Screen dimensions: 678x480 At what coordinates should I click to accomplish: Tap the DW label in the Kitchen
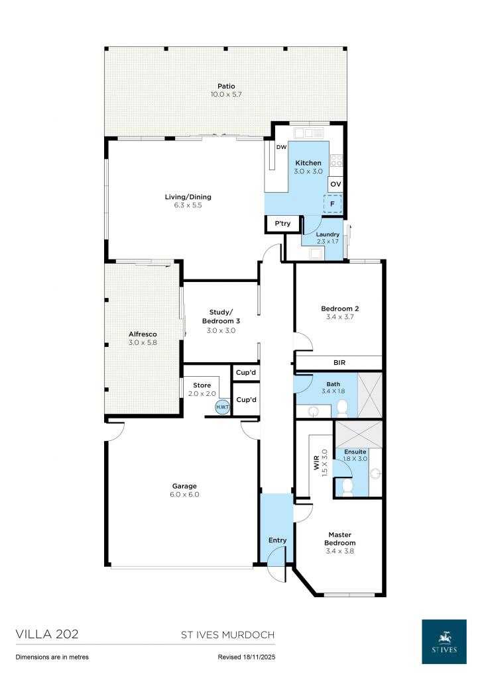[x=281, y=147]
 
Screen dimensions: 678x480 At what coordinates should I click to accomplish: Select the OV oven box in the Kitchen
[x=335, y=184]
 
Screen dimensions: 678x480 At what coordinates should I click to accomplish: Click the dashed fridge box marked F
[x=333, y=204]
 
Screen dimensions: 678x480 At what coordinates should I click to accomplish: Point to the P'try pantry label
[x=282, y=224]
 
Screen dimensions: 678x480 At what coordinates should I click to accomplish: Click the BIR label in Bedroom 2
[x=339, y=362]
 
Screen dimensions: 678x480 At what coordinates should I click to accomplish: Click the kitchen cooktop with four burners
[x=336, y=160]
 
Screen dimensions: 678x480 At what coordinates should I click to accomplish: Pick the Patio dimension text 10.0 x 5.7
[x=227, y=95]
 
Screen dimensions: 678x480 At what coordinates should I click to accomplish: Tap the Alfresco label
[x=143, y=334]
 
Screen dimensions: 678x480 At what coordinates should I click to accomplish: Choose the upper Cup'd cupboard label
[x=246, y=373]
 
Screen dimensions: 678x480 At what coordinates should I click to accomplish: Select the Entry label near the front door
[x=277, y=540]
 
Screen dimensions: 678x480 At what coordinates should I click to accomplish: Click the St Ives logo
[x=446, y=640]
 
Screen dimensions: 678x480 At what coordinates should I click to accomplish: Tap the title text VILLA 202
[x=47, y=634]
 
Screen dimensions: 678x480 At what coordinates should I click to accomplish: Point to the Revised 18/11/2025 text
[x=245, y=657]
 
